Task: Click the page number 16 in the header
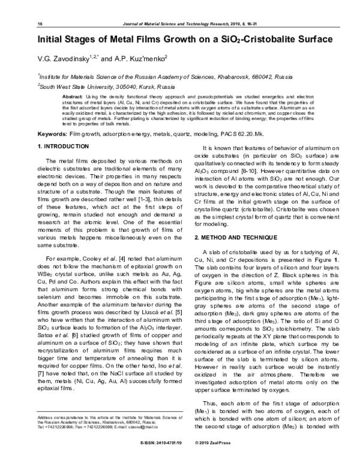point(39,23)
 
